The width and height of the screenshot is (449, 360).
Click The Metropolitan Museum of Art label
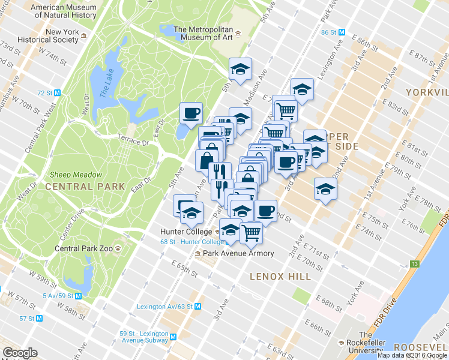coord(203,32)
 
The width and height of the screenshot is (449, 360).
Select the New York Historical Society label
coord(62,36)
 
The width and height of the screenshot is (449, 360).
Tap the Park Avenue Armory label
coord(238,253)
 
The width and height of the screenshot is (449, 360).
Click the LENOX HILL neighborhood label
coord(280,277)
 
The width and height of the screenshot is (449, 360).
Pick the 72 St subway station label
coord(46,93)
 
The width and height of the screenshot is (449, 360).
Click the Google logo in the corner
coord(20,353)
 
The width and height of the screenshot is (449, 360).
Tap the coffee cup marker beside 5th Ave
coord(191,112)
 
